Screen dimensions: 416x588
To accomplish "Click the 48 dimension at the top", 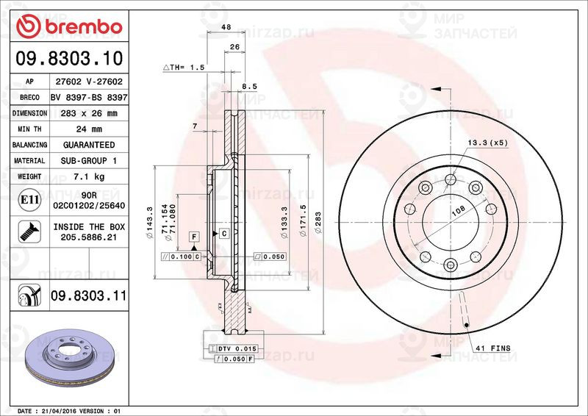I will tap(226, 28).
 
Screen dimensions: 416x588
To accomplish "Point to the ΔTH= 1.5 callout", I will tap(183, 67).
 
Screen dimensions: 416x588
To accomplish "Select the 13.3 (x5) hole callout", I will tap(486, 143).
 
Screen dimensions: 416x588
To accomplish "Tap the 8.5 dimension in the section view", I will tap(249, 87).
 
